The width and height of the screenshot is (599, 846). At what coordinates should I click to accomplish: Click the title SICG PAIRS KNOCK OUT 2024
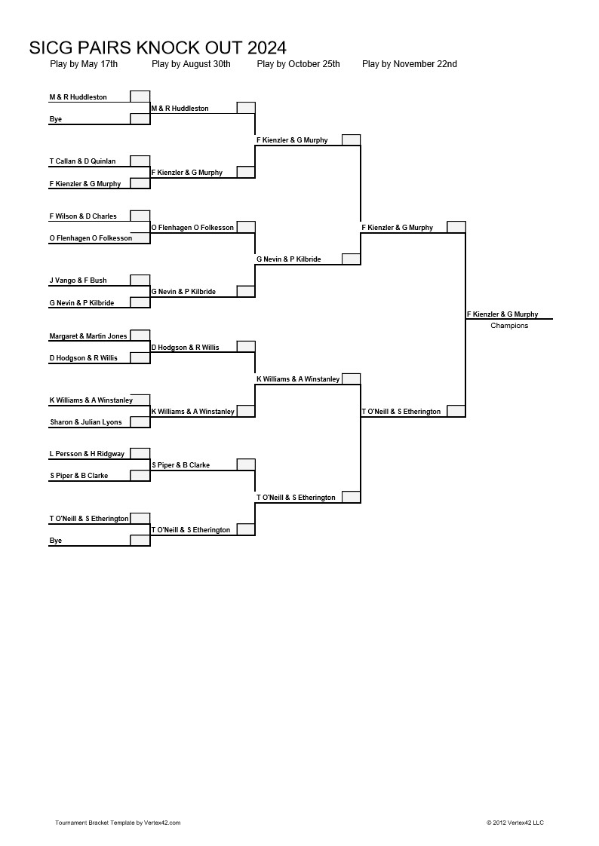click(158, 48)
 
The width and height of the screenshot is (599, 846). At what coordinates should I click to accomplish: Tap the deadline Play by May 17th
click(84, 64)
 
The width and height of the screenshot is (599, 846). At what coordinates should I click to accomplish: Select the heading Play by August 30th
click(191, 64)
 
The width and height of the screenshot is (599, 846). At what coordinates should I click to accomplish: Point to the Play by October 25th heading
click(299, 64)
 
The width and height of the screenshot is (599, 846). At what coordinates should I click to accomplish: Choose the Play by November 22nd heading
click(410, 64)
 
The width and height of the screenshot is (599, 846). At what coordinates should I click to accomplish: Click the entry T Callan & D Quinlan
click(82, 161)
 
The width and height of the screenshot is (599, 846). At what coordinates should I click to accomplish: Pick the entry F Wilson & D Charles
click(83, 216)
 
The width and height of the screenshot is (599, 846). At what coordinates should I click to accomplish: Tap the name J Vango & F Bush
click(78, 280)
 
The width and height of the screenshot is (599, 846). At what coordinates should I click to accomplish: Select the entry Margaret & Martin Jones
click(88, 336)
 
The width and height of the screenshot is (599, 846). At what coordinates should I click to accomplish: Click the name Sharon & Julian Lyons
click(86, 422)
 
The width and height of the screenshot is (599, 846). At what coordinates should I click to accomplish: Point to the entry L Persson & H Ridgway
click(87, 454)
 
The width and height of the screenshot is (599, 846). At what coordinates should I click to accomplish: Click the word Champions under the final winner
click(509, 326)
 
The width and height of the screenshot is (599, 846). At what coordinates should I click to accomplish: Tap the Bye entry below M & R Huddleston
click(56, 119)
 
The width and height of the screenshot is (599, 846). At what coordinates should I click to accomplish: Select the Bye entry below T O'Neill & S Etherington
click(56, 541)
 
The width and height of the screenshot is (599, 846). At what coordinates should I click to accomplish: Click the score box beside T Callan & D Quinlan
click(140, 161)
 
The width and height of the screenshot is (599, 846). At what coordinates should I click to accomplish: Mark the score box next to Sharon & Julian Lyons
click(140, 422)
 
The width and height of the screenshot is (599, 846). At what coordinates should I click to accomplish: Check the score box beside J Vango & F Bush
click(140, 280)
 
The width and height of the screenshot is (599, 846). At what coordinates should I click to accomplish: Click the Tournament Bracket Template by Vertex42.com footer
click(118, 823)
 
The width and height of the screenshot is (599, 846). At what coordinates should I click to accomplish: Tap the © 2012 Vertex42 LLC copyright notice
click(515, 823)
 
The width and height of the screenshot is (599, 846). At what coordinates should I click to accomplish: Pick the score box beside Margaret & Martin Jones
click(140, 336)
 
